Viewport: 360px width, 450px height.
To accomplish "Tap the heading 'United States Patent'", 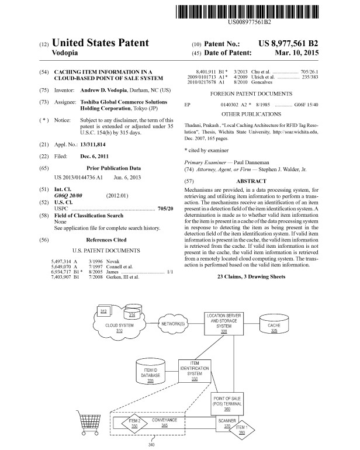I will point(100,43).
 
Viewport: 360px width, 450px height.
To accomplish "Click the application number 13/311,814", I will point(97,144).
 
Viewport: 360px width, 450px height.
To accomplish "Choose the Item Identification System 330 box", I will point(192,371).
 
